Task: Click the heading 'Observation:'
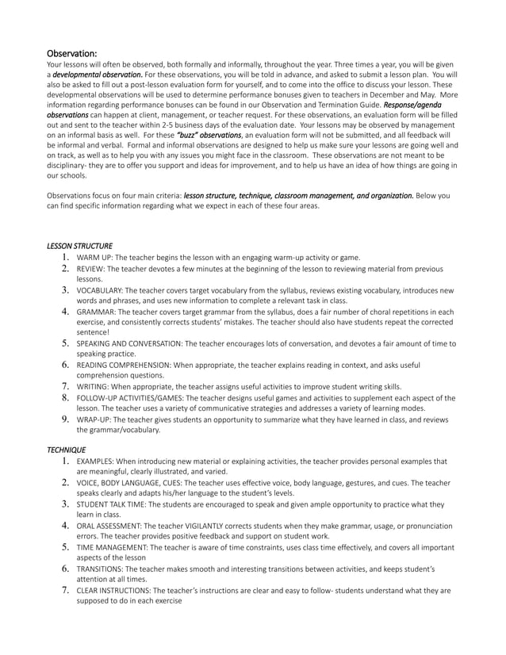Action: [72, 53]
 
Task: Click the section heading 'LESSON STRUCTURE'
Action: [80, 246]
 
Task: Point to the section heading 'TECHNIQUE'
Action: [67, 449]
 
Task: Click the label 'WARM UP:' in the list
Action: [94, 257]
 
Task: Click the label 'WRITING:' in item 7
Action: [93, 386]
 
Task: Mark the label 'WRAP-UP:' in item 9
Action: [94, 419]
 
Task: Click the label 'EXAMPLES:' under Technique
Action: [96, 461]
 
